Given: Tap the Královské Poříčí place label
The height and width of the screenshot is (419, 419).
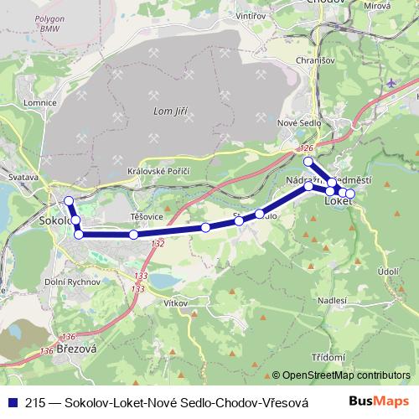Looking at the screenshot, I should click(x=158, y=171).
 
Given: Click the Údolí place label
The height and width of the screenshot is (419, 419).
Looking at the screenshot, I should click(x=388, y=272).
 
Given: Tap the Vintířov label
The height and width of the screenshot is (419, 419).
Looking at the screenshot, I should click(x=251, y=16).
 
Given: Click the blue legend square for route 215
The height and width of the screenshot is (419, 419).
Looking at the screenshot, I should click(x=12, y=402).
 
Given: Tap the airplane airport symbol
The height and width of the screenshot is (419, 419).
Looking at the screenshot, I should click(x=394, y=82).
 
